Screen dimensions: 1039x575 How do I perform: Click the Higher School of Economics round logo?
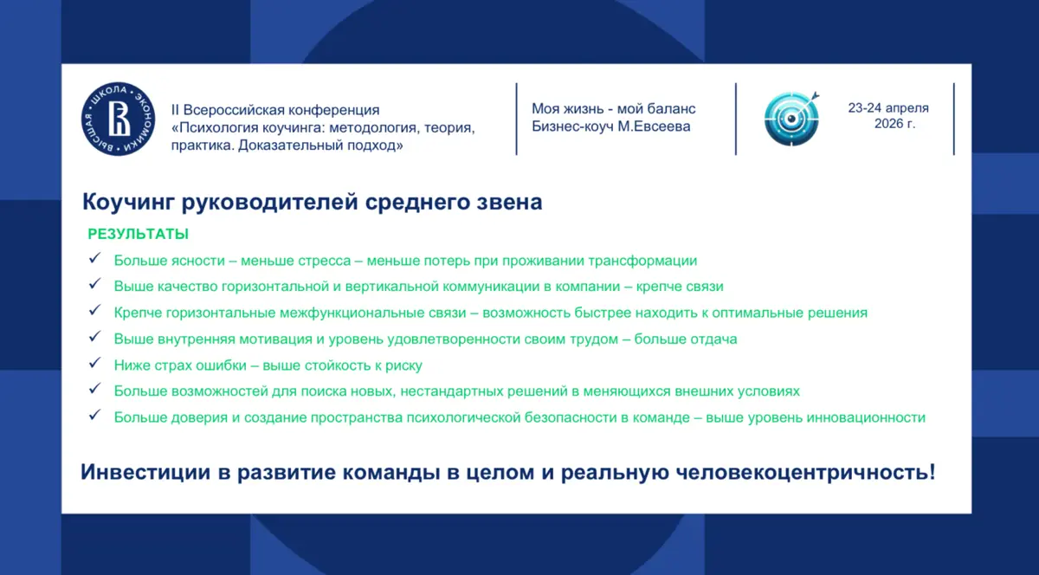click(119, 120)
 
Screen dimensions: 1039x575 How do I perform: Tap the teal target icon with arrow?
click(791, 119)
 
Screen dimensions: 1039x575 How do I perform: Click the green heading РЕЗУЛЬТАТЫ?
click(139, 234)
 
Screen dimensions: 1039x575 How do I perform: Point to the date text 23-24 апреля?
click(888, 108)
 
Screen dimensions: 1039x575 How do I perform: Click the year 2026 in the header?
click(888, 124)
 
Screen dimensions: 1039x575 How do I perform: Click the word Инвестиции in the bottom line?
click(146, 473)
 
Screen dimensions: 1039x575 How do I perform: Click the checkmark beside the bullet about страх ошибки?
click(94, 363)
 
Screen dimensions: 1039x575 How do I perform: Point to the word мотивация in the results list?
click(275, 339)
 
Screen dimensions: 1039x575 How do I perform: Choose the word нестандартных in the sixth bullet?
click(451, 391)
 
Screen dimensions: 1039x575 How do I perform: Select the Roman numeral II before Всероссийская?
click(175, 110)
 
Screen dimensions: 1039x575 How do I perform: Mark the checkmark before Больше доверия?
click(94, 415)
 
